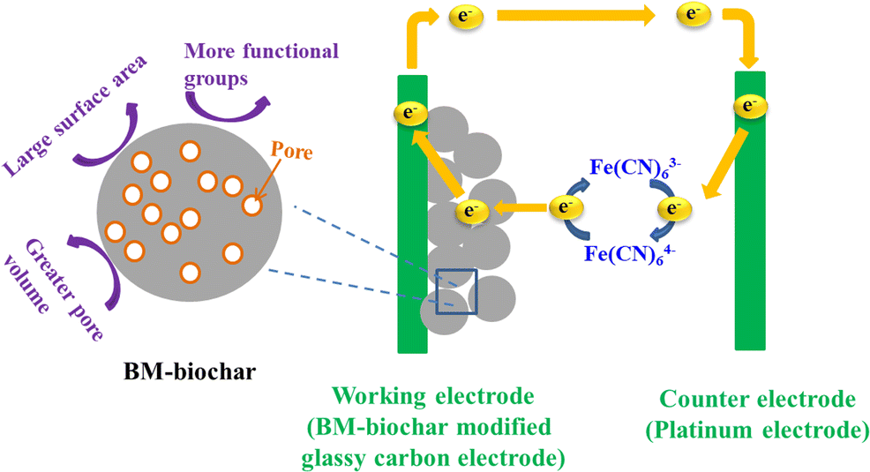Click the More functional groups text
click(x=260, y=64)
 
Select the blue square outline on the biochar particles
click(x=456, y=291)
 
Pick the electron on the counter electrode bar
click(x=749, y=106)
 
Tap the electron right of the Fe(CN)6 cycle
click(x=673, y=208)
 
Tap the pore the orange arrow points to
click(x=252, y=205)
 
